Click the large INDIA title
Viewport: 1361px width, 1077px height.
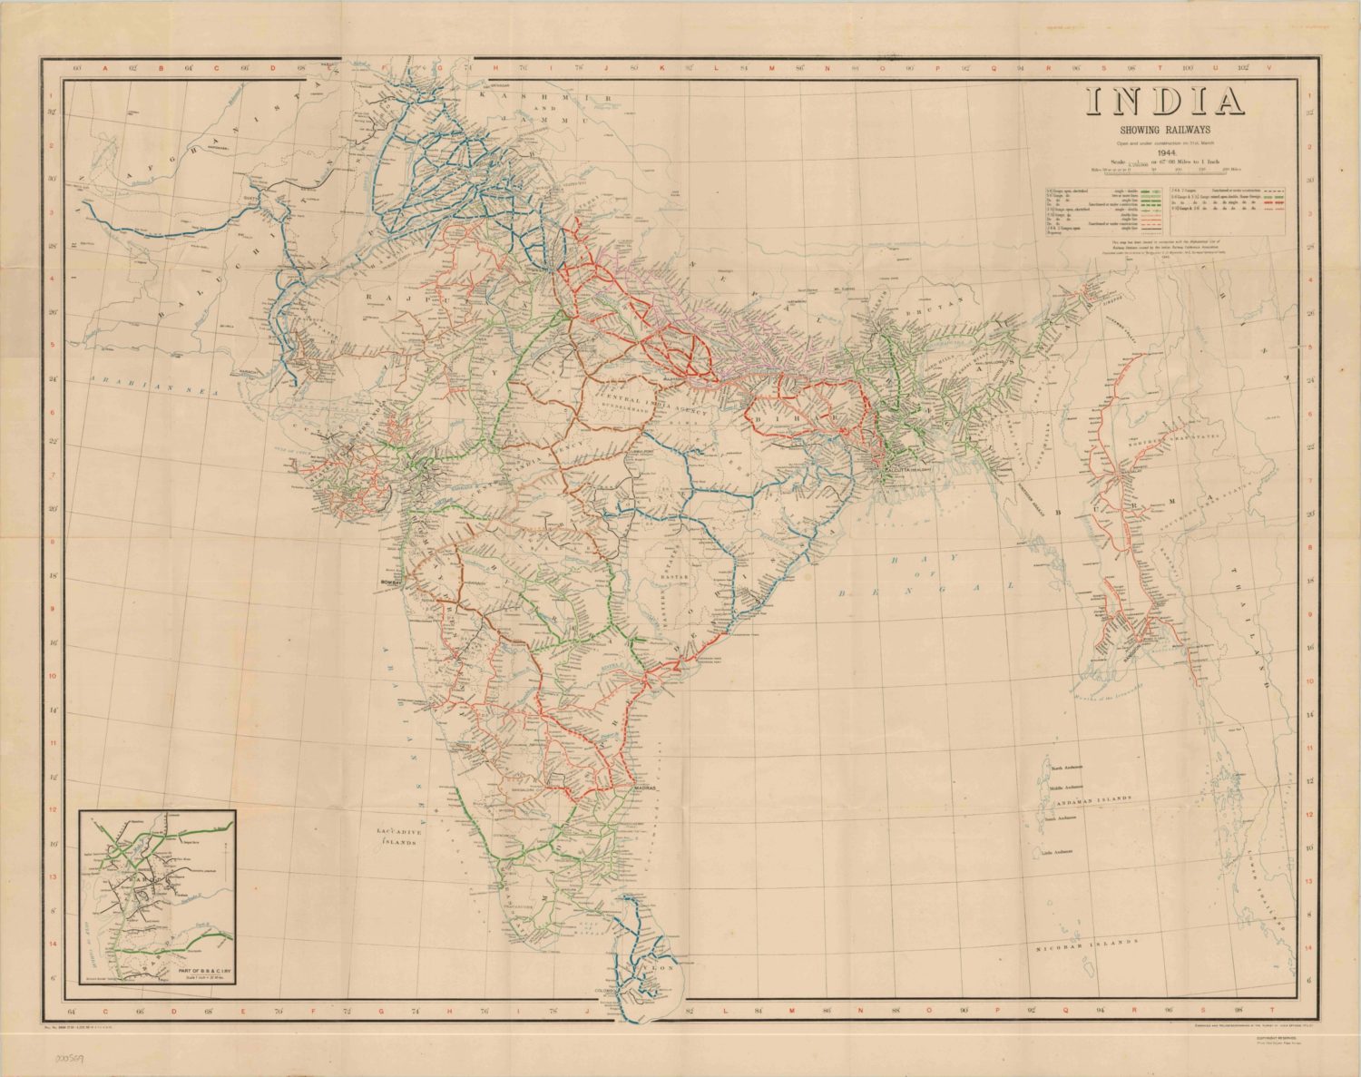(1165, 103)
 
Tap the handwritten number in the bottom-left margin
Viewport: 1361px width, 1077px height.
(71, 1058)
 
